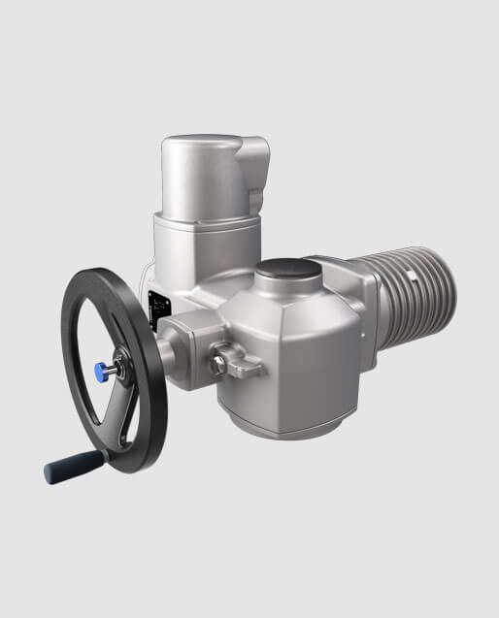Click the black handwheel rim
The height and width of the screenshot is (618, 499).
pos(146,320)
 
